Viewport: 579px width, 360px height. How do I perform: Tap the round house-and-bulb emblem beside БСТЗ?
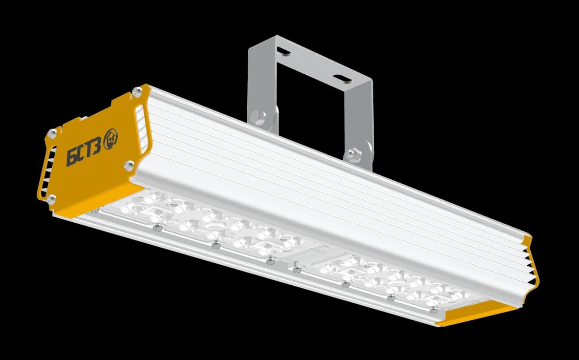pos(110,139)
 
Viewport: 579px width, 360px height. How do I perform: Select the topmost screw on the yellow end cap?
pos(137,91)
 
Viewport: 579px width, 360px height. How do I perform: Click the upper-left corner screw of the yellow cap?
pos(52,134)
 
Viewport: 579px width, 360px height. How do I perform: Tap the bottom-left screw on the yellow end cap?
pos(51,199)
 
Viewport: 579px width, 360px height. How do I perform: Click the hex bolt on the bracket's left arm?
pos(258,117)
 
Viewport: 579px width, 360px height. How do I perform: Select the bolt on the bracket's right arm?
pos(354,155)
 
